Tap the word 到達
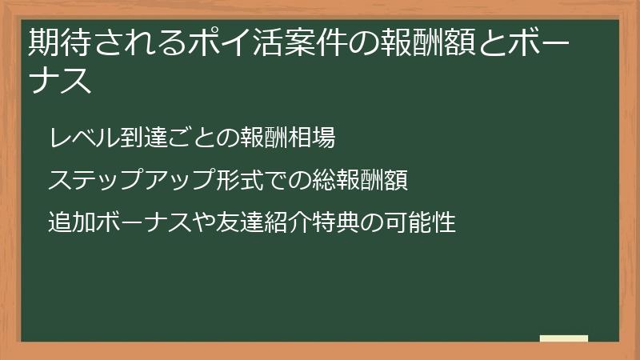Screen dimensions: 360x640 pyautogui.click(x=136, y=137)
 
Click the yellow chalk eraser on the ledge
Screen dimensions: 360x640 pyautogui.click(x=564, y=338)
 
